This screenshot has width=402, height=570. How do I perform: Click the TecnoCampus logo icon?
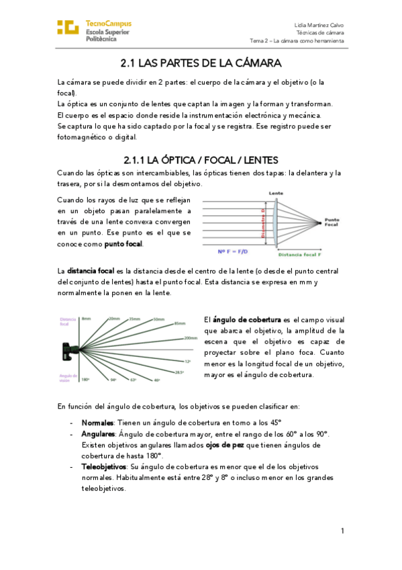68,28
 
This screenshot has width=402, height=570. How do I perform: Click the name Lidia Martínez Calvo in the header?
319,24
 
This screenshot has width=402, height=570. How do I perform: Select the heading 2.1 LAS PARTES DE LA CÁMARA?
200,64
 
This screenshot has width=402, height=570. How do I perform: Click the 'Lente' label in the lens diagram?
275,193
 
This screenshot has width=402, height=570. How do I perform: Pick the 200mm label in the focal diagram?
190,339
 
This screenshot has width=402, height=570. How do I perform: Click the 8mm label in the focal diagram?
86,318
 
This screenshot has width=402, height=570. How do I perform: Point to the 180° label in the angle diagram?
85,380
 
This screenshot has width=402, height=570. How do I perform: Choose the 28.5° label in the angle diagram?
179,371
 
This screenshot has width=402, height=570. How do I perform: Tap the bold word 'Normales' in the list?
97,423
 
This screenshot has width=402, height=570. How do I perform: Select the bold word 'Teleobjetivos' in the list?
103,466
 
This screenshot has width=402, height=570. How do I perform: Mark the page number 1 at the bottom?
342,531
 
